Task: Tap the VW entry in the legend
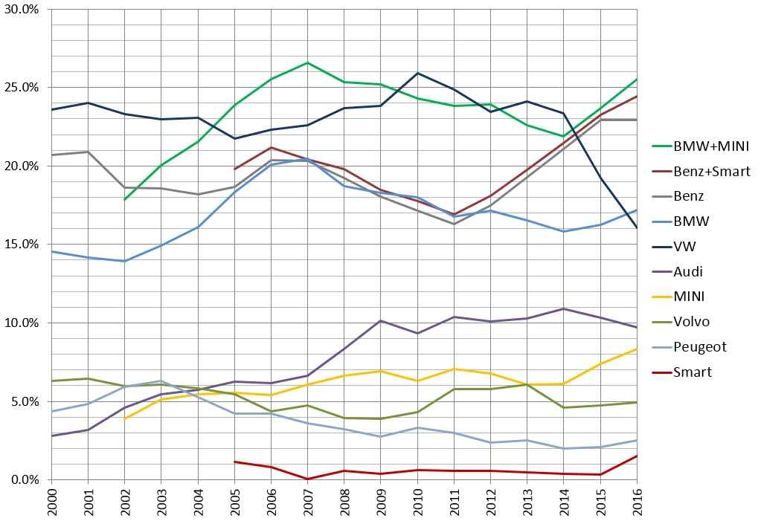684,247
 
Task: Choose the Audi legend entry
688,272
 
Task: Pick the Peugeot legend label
699,347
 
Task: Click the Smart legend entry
692,372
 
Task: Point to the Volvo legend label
691,322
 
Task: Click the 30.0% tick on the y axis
24,9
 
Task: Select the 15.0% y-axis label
24,245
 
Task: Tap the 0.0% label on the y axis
27,480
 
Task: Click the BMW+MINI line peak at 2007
308,63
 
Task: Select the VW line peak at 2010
417,73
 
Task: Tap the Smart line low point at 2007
308,479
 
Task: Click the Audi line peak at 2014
564,308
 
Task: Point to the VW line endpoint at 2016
637,227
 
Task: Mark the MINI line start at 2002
125,418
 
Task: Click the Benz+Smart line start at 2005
234,169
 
